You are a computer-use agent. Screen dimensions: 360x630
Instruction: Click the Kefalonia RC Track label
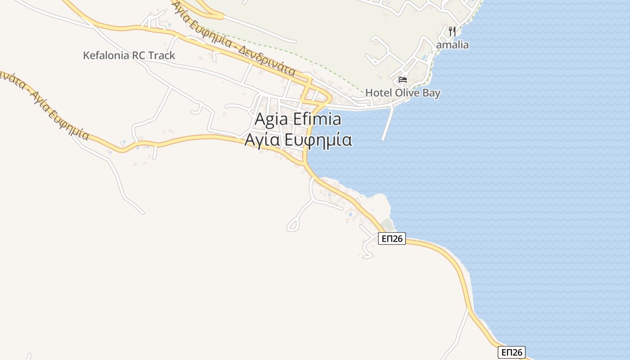[129, 56]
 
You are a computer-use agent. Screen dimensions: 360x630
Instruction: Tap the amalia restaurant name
[452, 45]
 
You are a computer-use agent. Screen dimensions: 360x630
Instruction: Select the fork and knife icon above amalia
[452, 31]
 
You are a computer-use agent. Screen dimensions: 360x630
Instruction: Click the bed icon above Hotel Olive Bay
[403, 80]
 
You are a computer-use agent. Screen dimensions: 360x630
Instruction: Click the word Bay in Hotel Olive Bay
[431, 93]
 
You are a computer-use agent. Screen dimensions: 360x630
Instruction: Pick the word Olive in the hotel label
[407, 93]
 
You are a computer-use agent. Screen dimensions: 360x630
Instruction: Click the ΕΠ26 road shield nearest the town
[391, 238]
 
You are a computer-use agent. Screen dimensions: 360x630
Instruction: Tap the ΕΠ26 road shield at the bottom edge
[511, 352]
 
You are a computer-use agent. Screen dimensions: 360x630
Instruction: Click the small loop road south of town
[293, 224]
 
